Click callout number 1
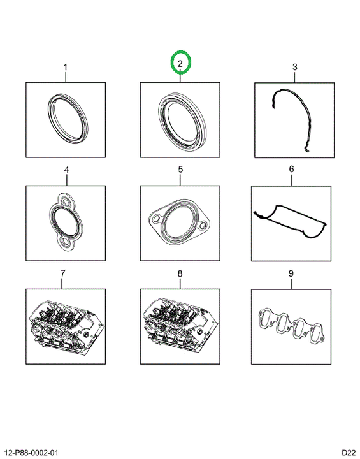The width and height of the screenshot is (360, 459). point(66,68)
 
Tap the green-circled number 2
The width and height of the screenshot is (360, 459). point(180,63)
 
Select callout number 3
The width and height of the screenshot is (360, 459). point(295,67)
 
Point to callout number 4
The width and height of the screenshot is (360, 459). point(66,170)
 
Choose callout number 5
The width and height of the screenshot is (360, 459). point(180,169)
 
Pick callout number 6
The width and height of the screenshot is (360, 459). point(291,169)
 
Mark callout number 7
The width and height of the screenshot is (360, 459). point(62,273)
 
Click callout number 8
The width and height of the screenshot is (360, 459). point(180,273)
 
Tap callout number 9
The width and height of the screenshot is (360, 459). point(291,273)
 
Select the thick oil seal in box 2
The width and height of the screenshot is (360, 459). point(161,112)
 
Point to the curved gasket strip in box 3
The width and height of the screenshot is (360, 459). point(307,117)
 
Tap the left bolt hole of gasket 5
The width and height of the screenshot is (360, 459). point(156,219)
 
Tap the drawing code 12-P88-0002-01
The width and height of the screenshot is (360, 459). point(32,453)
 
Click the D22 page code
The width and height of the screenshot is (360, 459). point(349,453)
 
